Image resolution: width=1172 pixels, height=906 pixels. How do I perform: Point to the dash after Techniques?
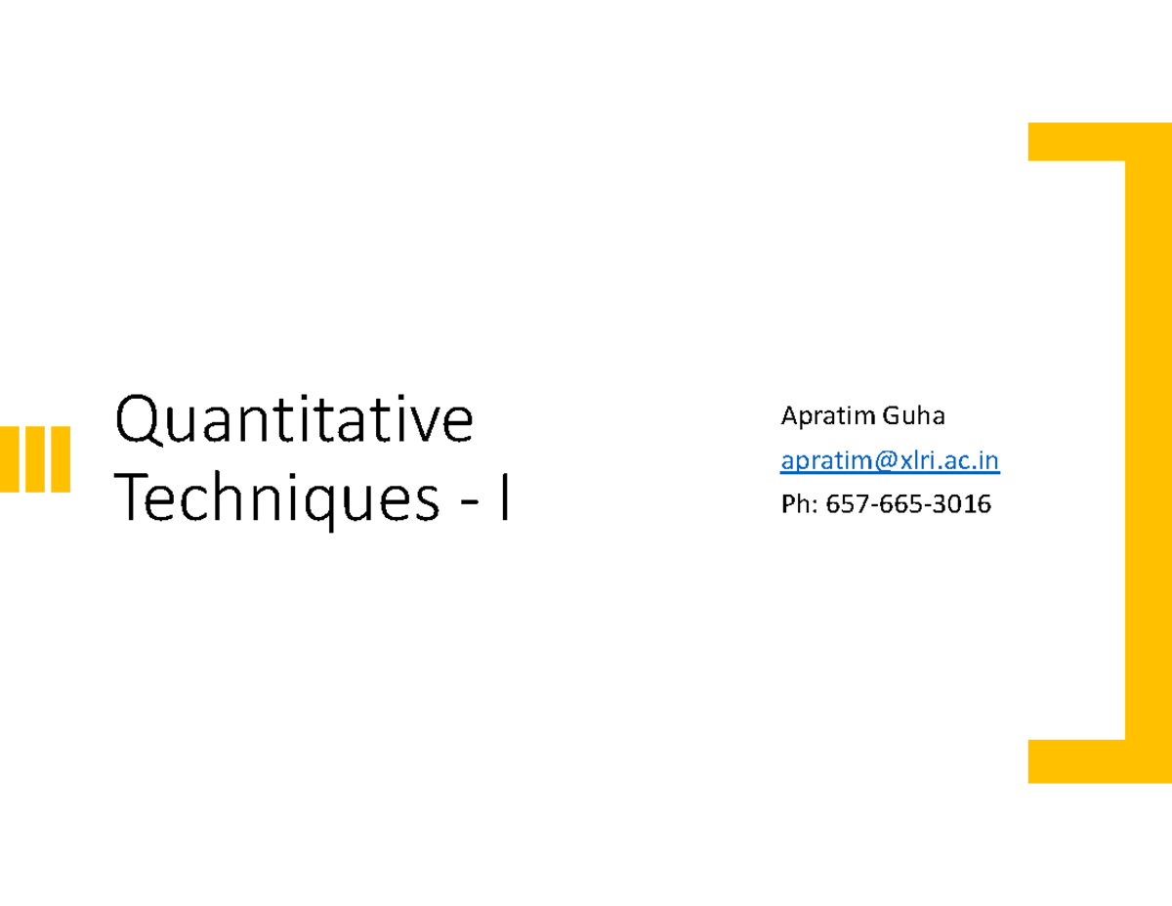tap(471, 504)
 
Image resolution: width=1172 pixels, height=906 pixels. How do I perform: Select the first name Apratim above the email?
tap(828, 417)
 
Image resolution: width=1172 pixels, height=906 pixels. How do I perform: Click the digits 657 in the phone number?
tap(848, 504)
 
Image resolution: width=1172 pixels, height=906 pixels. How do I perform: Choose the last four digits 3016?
tap(961, 504)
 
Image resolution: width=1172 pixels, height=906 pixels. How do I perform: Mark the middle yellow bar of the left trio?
tap(35, 458)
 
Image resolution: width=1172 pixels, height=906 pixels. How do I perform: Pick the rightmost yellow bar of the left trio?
tap(60, 458)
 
